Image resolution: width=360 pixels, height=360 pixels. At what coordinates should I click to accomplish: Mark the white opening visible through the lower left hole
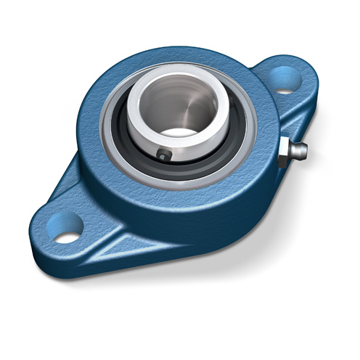tap(65, 237)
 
